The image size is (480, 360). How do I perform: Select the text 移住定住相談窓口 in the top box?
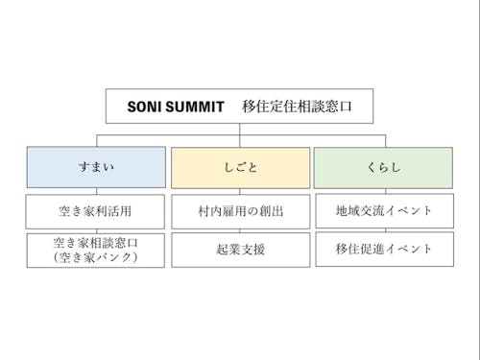coord(297,107)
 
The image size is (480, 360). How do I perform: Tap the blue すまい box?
coord(96,167)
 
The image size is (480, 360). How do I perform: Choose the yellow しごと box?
coord(240,167)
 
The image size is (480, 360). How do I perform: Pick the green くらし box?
coord(384,167)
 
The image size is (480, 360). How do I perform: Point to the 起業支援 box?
coord(240,249)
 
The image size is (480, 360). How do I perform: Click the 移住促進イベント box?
coord(384,249)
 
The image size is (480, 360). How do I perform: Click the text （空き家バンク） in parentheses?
coord(96,256)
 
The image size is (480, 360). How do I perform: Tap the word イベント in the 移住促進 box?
coord(408,249)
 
